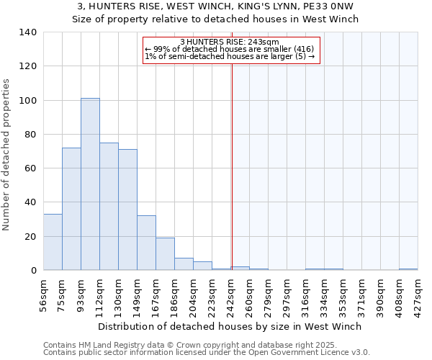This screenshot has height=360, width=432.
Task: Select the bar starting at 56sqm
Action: pyautogui.click(x=53, y=242)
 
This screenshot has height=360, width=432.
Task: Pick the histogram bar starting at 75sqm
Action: pyautogui.click(x=71, y=209)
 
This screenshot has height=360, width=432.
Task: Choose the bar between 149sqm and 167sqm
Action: pyautogui.click(x=146, y=243)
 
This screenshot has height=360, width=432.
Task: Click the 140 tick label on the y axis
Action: pyautogui.click(x=28, y=32)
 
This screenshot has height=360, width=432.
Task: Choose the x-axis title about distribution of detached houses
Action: pyautogui.click(x=230, y=326)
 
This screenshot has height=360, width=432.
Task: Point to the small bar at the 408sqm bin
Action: pyautogui.click(x=408, y=269)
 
